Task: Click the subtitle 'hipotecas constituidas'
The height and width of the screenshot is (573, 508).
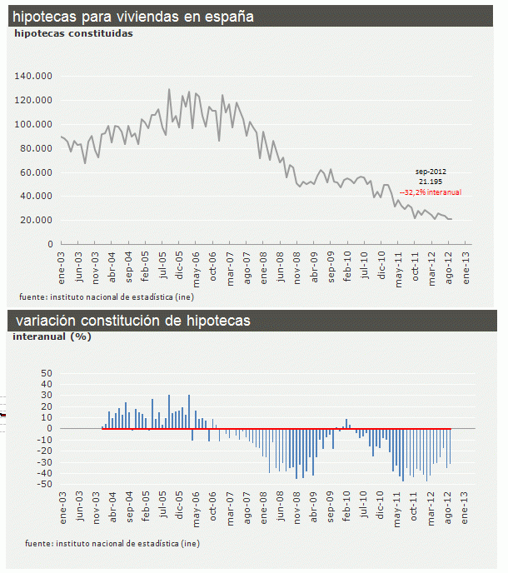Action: (73, 34)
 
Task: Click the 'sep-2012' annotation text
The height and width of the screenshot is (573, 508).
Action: (431, 171)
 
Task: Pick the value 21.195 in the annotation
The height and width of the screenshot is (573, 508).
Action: (430, 181)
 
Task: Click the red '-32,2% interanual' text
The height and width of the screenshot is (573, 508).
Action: (431, 192)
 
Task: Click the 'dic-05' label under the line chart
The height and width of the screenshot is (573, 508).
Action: (180, 266)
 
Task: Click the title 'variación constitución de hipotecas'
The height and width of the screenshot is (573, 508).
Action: (132, 321)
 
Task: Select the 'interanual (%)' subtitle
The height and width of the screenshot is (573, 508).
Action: (52, 337)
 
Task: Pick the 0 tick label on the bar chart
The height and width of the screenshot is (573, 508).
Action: (50, 429)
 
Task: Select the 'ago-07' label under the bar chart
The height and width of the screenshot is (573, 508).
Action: (247, 507)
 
